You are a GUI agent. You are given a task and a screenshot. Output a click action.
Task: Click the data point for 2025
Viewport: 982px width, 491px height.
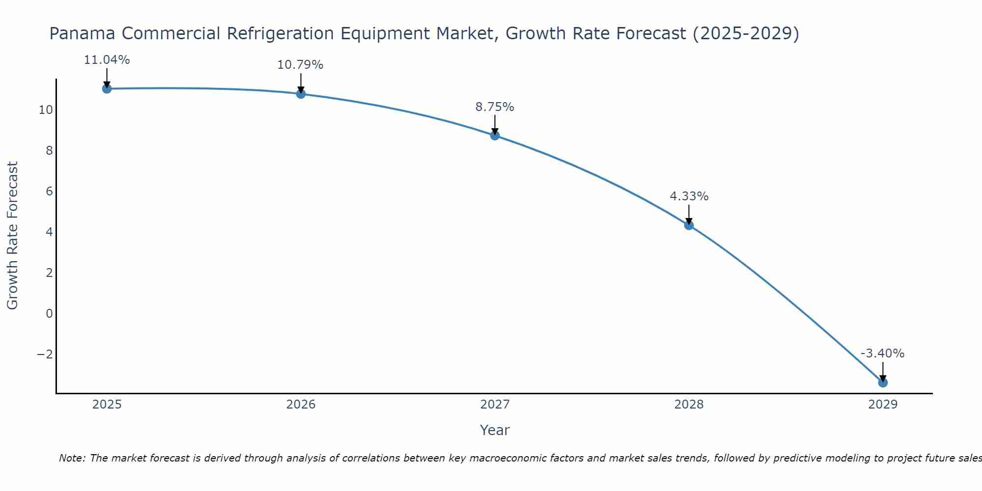point(107,88)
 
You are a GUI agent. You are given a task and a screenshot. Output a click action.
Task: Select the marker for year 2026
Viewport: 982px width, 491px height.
point(301,94)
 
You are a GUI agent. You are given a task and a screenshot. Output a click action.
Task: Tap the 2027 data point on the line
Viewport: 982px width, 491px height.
point(495,136)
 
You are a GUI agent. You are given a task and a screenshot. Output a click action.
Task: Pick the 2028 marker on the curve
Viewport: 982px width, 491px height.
point(689,225)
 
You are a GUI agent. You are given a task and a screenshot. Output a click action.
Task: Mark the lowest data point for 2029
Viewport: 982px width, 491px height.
point(883,382)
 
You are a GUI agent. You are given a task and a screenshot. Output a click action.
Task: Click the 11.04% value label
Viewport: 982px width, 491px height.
point(107,60)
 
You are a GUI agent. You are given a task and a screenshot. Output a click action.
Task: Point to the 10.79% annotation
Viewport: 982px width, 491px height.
point(300,65)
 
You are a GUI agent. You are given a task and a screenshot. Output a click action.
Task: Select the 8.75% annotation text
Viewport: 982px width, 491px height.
point(495,107)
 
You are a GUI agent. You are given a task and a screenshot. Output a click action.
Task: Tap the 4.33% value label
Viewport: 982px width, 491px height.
point(689,196)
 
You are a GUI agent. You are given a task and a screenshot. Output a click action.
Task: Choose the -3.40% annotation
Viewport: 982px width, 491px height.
point(882,354)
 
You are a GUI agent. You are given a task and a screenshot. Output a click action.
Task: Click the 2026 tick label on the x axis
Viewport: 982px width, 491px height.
point(301,405)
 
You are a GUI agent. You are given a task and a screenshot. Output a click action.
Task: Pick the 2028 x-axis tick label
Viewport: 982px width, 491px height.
point(689,405)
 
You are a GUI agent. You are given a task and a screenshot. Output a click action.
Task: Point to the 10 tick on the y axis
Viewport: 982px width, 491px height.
point(46,109)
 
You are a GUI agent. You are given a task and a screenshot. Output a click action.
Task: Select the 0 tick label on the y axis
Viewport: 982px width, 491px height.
point(49,313)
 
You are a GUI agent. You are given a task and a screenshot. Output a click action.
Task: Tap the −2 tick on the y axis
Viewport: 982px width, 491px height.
point(45,354)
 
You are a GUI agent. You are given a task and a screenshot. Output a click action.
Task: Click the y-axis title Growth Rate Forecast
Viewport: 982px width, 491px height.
point(13,235)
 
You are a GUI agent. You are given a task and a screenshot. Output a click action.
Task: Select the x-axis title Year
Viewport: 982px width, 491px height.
point(495,430)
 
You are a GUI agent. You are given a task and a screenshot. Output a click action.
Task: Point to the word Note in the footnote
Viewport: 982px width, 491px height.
point(72,458)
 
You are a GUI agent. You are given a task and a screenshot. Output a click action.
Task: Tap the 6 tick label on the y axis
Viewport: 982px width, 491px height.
point(49,191)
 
